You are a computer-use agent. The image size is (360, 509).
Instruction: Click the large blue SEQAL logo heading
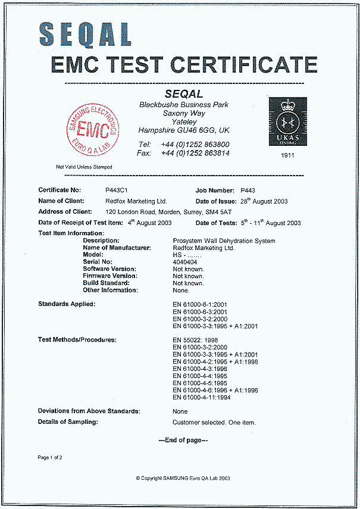86,33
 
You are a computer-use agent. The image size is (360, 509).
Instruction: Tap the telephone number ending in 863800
195,145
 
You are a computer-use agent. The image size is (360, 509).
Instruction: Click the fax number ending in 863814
195,153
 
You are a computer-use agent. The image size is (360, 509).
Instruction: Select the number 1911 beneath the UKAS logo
288,155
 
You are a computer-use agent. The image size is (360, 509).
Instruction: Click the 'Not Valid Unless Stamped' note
84,167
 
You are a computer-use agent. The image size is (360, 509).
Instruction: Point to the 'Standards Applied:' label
67,304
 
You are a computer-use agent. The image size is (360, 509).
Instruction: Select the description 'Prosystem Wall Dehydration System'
224,241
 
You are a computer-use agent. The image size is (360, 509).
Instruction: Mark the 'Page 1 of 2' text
50,457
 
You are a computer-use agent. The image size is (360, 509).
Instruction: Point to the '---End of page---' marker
183,440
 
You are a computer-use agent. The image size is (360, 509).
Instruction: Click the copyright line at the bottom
183,477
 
